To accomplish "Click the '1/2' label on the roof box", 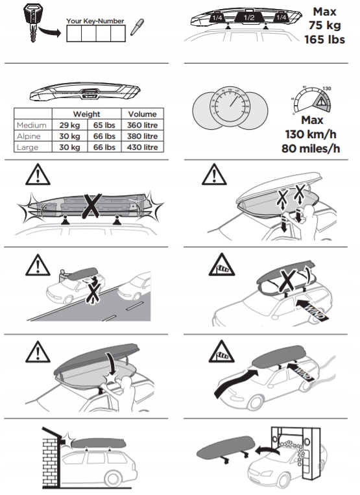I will tap(248, 18).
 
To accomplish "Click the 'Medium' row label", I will tap(32, 125).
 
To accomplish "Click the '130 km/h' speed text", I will tap(312, 135).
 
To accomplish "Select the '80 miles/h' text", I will tap(312, 148).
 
